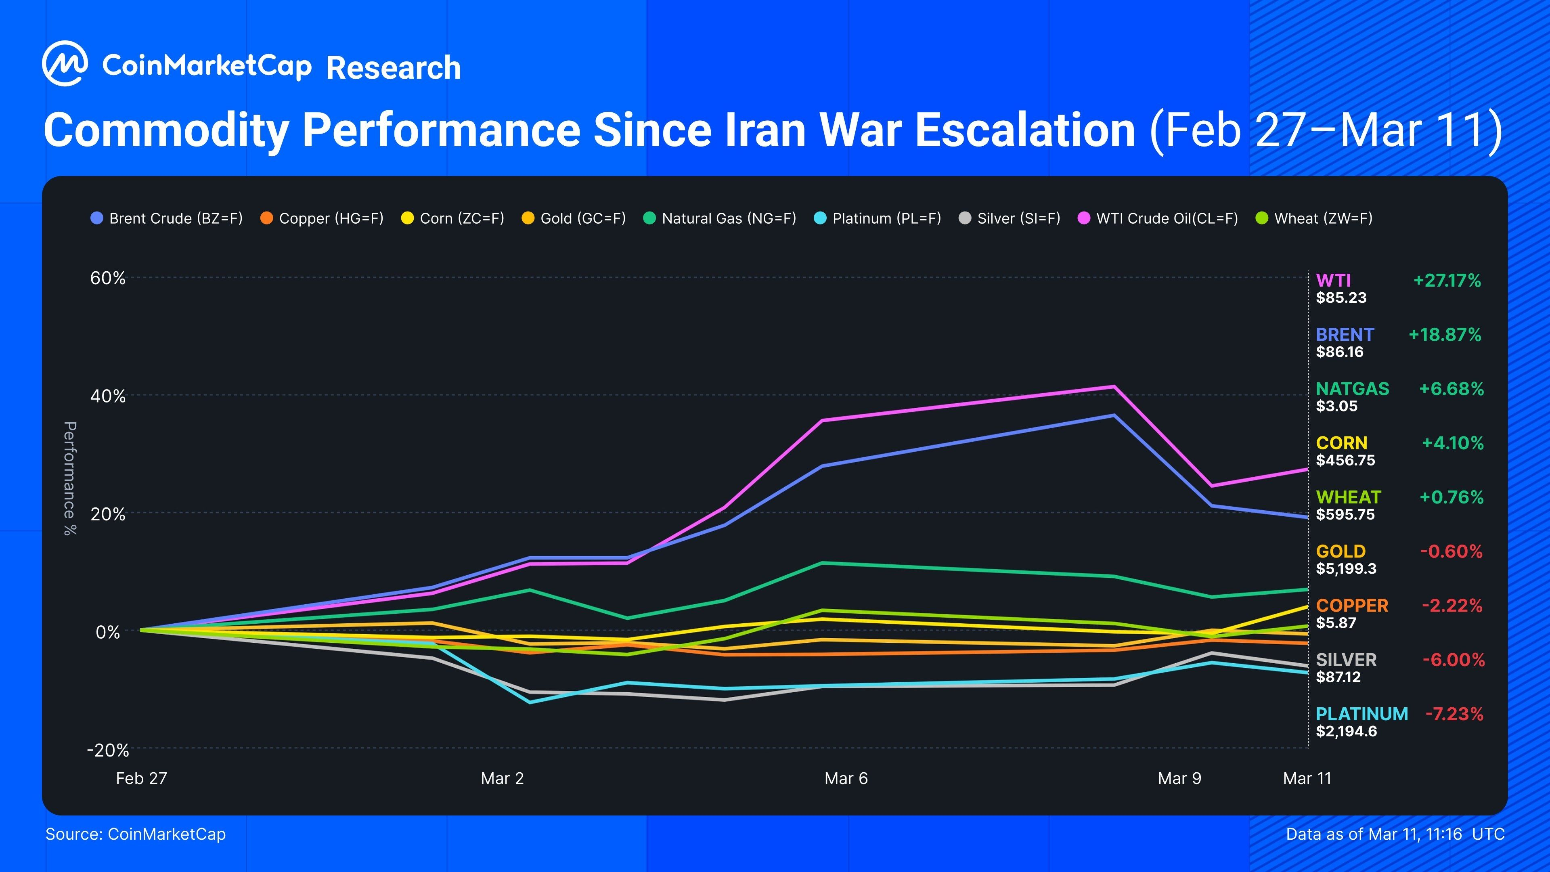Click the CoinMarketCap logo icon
tap(65, 64)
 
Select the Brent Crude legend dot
tap(97, 218)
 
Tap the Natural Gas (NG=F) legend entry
tap(720, 218)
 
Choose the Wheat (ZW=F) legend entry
tap(1314, 218)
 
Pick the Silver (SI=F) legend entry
tap(1010, 218)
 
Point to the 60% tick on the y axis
tap(108, 278)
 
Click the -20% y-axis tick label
tap(108, 750)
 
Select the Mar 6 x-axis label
tap(846, 778)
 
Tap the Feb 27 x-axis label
tap(141, 778)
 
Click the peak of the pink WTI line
tap(1114, 386)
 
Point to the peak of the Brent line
tap(1114, 415)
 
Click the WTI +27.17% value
tap(1447, 281)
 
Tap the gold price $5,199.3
tap(1346, 569)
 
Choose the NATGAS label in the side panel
tap(1352, 389)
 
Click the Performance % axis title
tap(70, 478)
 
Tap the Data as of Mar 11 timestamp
tap(1395, 834)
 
